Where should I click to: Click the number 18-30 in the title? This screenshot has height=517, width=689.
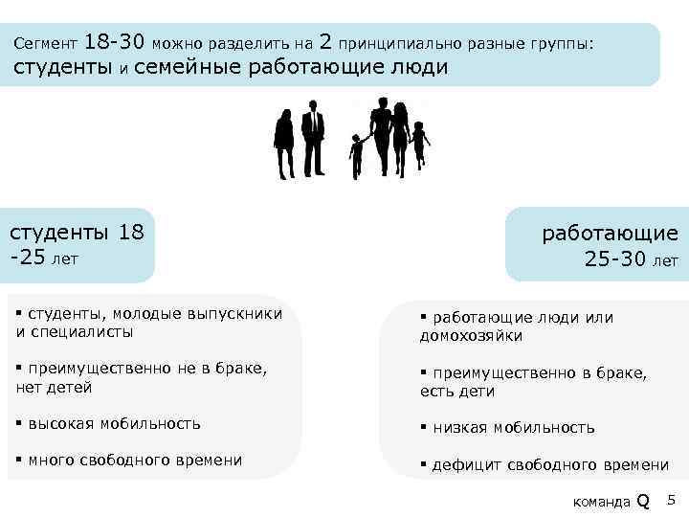[115, 42]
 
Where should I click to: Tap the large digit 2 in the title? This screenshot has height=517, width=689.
[325, 42]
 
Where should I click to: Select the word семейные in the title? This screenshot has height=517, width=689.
[188, 68]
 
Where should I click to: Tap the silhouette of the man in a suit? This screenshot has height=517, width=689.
[313, 139]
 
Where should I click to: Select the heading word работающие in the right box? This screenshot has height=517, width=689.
[610, 233]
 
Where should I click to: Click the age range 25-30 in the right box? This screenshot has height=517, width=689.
[615, 258]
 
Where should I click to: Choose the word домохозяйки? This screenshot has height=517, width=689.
[470, 336]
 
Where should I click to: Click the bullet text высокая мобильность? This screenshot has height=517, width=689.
[114, 423]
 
